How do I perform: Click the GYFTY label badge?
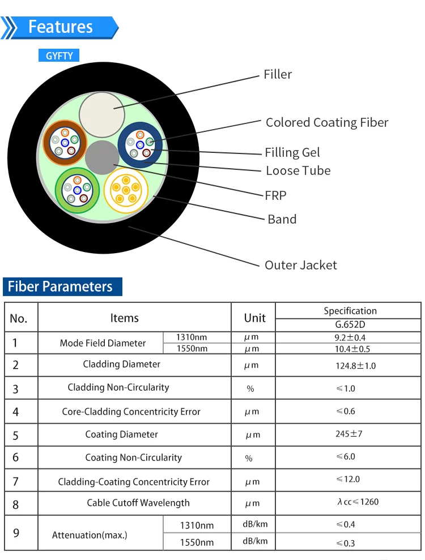[x=58, y=55]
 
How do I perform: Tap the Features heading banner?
[x=59, y=28]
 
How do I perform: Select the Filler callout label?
[x=278, y=74]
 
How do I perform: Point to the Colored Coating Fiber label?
[x=327, y=122]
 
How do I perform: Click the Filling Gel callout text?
[x=292, y=152]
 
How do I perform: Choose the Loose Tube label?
[x=298, y=170]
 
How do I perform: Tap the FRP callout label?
[x=275, y=196]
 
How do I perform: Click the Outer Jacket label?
[x=300, y=265]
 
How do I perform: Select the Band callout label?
[x=282, y=219]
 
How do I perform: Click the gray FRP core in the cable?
[x=102, y=157]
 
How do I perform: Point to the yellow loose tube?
[x=126, y=190]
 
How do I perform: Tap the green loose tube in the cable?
[x=77, y=190]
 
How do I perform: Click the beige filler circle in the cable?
[x=102, y=114]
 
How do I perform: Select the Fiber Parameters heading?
[x=62, y=287]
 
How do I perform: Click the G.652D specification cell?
[x=350, y=324]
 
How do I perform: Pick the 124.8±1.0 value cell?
[x=356, y=366]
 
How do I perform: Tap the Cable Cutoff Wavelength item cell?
[x=138, y=503]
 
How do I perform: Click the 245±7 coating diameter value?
[x=349, y=434]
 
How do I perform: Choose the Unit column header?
[x=254, y=318]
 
